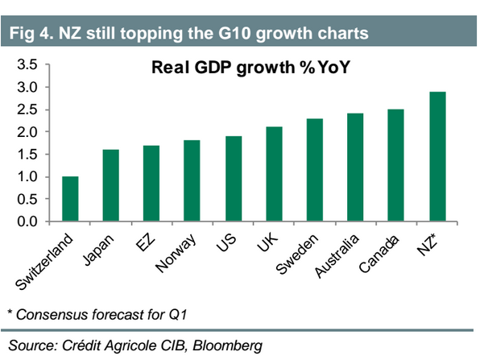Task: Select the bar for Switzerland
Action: (x=70, y=199)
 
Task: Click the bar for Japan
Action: (x=111, y=185)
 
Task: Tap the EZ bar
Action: (x=151, y=184)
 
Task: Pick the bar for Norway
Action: (x=192, y=181)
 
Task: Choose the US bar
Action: (x=233, y=179)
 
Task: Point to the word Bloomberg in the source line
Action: (x=227, y=346)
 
